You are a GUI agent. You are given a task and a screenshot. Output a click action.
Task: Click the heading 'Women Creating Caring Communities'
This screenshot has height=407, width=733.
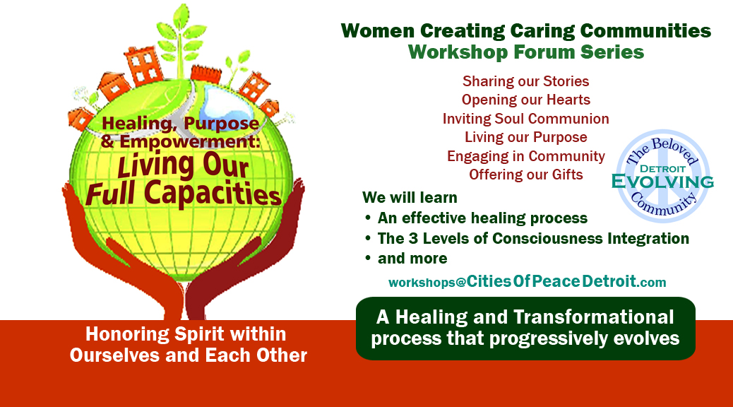(x=526, y=31)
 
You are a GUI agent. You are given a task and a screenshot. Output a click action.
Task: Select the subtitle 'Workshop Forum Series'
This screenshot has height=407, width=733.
(x=526, y=52)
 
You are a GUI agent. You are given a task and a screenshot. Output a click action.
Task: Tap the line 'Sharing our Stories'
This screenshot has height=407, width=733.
(x=526, y=81)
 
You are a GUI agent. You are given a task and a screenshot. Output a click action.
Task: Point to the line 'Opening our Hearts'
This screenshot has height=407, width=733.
(x=526, y=100)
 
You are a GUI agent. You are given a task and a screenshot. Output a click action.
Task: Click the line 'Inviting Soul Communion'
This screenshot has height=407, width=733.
(x=526, y=119)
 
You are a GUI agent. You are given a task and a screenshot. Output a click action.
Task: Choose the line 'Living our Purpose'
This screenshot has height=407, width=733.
(x=526, y=137)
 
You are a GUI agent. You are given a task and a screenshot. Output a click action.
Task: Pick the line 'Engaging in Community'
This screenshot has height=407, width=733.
(x=526, y=155)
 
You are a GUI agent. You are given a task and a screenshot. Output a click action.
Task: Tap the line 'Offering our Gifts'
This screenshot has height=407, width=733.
(x=526, y=175)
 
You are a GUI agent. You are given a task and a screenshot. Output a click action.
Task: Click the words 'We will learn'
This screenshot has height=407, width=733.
(x=410, y=197)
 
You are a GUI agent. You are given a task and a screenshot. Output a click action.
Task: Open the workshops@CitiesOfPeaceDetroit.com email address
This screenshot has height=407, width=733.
(x=528, y=282)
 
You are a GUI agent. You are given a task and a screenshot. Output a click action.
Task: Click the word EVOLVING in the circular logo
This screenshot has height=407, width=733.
(x=662, y=182)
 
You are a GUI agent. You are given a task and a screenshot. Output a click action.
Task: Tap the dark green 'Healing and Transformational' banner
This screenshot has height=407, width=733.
(x=525, y=329)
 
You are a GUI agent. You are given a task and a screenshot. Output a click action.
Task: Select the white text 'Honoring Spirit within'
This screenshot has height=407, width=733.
(x=186, y=334)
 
